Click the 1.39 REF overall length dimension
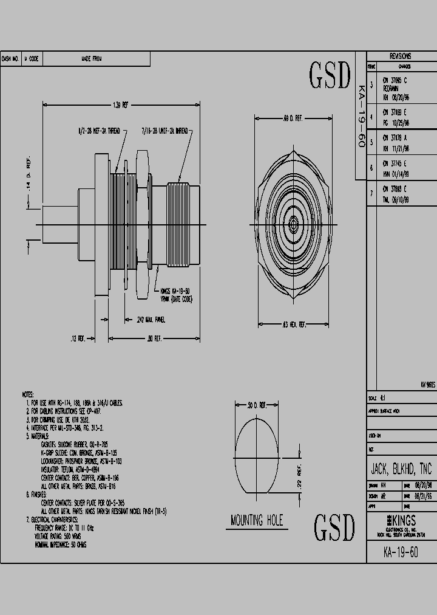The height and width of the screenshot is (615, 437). [x=121, y=105]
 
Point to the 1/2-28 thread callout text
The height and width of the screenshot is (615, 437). [x=100, y=131]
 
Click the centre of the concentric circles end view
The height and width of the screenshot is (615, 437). [x=293, y=225]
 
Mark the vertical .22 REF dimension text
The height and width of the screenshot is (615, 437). [x=299, y=478]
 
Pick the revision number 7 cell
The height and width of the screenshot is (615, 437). [x=371, y=193]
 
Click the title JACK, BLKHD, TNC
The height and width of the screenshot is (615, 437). [x=401, y=470]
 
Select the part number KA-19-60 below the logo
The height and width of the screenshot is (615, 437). [x=401, y=552]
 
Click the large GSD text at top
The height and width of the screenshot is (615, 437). [x=330, y=77]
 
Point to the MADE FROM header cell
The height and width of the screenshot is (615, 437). [x=92, y=59]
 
